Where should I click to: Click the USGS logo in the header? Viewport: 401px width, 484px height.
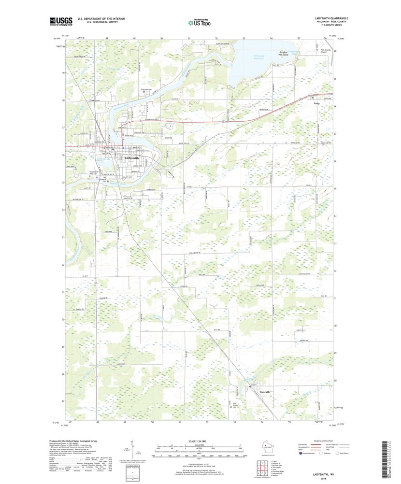click(x=60, y=21)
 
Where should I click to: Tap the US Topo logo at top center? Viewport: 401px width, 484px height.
click(x=200, y=22)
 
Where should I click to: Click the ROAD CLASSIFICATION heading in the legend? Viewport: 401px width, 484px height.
click(x=336, y=441)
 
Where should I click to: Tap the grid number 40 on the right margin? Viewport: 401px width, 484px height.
click(x=335, y=51)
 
